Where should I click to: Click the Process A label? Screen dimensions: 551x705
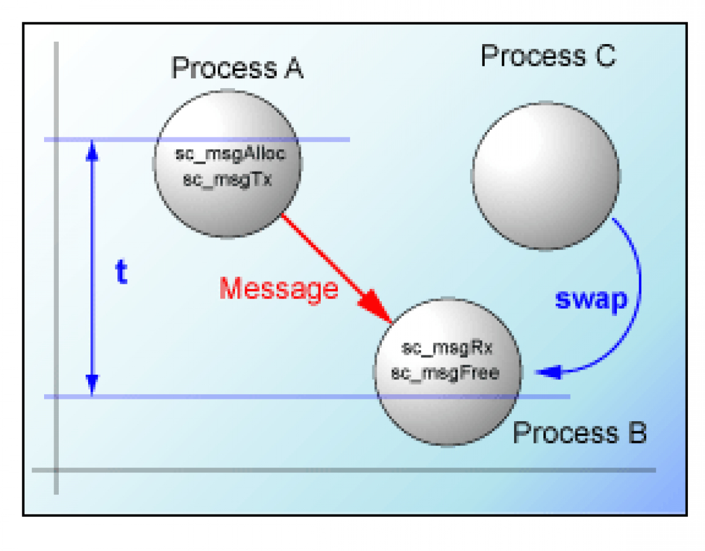click(x=237, y=68)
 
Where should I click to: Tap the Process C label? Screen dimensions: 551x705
click(x=548, y=56)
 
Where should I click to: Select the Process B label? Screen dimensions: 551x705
click(x=579, y=434)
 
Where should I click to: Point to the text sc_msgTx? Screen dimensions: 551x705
click(x=227, y=179)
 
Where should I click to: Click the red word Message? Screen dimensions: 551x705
click(x=279, y=288)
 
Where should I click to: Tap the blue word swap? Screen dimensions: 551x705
click(x=591, y=300)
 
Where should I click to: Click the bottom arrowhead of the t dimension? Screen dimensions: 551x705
click(x=91, y=385)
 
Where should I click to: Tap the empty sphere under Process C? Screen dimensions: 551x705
click(x=545, y=176)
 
